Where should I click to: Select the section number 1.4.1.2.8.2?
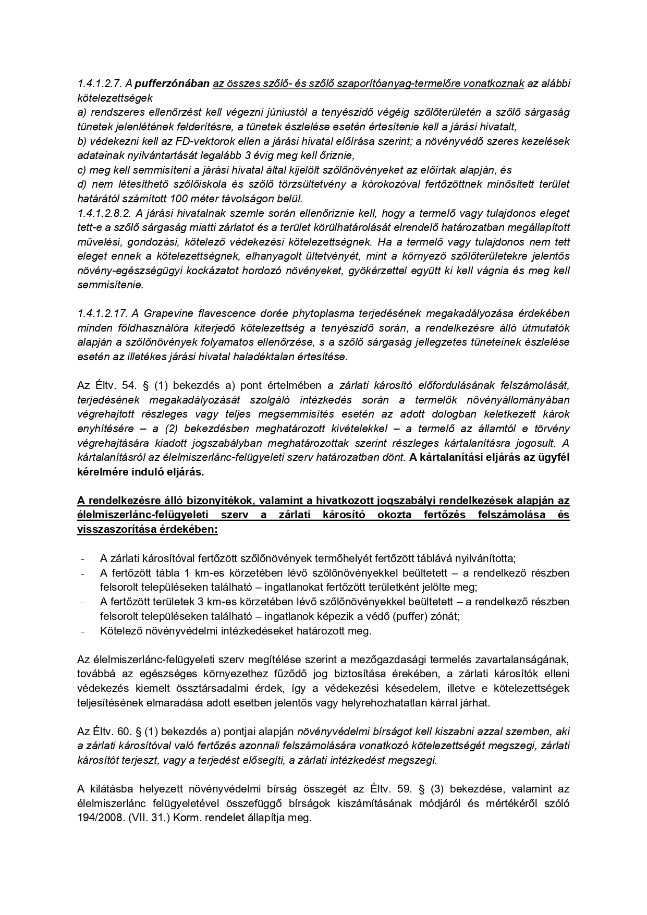[x=103, y=213]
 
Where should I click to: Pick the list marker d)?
[x=82, y=184]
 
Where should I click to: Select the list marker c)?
[x=82, y=169]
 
